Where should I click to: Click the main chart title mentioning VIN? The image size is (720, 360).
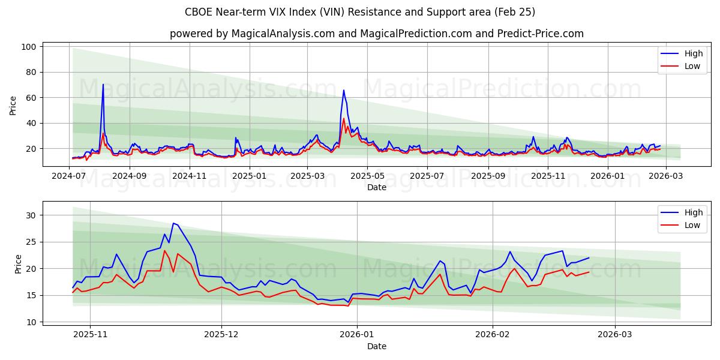click(x=360, y=12)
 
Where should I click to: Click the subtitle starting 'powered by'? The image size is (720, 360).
click(x=376, y=34)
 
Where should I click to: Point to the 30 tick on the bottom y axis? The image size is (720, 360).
click(x=31, y=215)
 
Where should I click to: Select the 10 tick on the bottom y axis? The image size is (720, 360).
click(x=31, y=322)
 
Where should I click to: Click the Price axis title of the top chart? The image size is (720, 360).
click(x=13, y=105)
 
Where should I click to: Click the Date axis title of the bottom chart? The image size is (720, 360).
click(x=376, y=346)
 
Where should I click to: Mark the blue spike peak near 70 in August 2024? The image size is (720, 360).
click(x=103, y=85)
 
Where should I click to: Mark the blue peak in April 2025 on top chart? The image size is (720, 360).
click(x=344, y=91)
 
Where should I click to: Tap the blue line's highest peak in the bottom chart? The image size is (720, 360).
click(x=173, y=223)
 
